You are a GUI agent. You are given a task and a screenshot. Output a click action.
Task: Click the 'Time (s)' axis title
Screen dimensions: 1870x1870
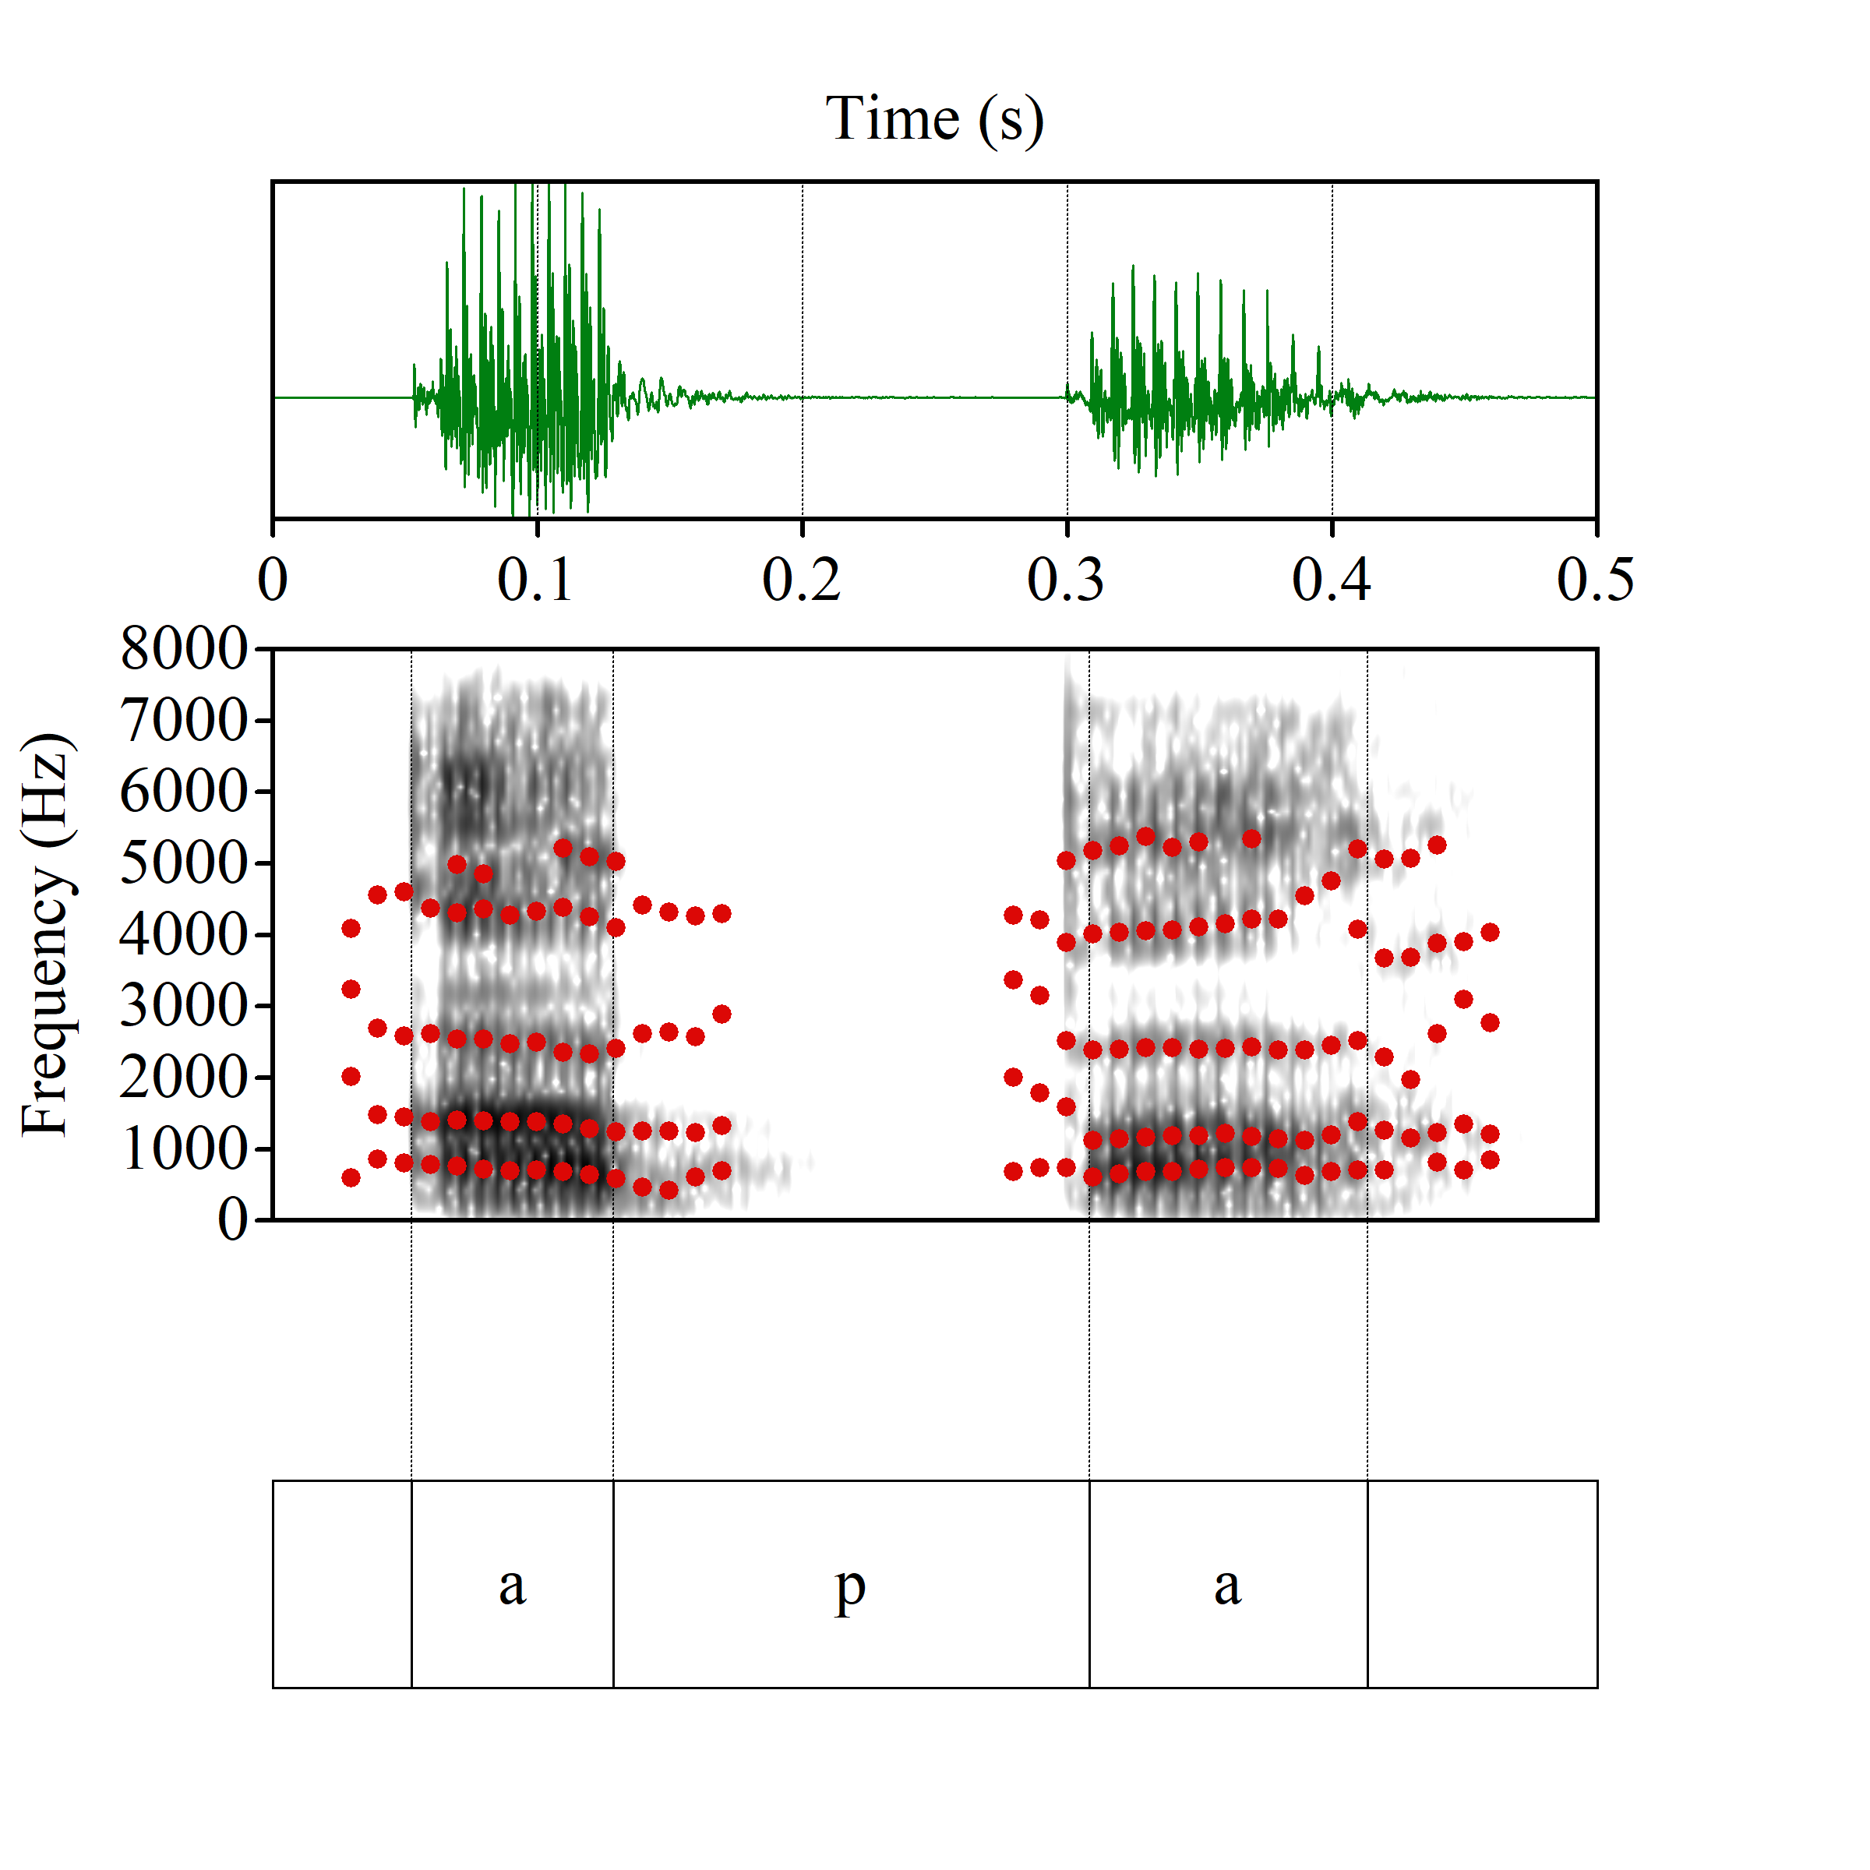934,119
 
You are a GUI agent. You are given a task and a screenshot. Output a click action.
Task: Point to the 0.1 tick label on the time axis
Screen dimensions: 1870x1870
536,580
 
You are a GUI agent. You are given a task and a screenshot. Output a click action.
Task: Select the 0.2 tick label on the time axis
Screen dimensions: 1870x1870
802,580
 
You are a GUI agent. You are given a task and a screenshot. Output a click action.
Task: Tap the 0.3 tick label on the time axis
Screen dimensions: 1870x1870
1066,580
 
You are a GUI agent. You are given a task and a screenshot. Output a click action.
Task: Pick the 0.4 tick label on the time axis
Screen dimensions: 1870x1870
1331,580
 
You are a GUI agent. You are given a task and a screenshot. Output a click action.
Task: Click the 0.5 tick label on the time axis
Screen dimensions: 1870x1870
1595,580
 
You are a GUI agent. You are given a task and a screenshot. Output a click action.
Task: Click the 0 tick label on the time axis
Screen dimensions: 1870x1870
273,580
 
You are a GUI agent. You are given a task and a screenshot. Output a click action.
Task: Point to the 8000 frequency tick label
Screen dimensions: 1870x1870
184,650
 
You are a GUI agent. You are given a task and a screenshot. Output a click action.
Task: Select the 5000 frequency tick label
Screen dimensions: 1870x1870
184,863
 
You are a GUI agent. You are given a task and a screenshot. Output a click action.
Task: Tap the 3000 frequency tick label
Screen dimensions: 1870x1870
184,1007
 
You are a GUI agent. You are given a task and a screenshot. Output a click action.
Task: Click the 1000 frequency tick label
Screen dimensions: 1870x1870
184,1150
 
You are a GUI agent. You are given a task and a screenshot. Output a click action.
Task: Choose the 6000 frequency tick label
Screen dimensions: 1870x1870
184,792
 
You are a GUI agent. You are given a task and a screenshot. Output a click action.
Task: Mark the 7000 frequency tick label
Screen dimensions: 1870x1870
184,721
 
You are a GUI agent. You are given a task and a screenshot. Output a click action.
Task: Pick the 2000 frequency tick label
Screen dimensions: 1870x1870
184,1078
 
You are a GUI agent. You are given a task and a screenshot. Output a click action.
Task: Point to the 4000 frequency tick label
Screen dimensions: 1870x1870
184,935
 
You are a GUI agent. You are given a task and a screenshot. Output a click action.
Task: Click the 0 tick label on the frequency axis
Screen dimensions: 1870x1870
232,1220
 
